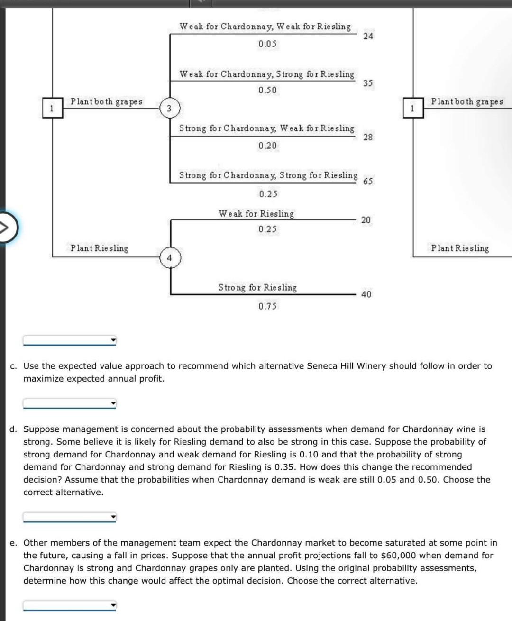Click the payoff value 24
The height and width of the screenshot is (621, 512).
(368, 36)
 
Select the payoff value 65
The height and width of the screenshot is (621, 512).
(368, 182)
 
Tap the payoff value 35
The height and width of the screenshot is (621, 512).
(368, 83)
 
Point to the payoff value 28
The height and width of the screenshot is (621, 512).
(368, 137)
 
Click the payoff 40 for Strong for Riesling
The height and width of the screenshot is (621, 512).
(366, 294)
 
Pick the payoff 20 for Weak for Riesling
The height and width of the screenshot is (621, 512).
(366, 220)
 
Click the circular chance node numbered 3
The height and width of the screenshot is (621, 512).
(169, 108)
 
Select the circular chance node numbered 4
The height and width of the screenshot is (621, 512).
(170, 258)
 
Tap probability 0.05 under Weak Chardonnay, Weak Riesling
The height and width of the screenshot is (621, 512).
(267, 44)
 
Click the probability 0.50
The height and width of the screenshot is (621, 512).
(267, 90)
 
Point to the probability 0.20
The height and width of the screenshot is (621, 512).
(267, 146)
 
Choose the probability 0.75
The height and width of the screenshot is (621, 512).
(267, 306)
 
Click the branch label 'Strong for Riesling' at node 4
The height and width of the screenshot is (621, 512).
(257, 287)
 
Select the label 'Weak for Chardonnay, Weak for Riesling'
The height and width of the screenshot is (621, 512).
(265, 27)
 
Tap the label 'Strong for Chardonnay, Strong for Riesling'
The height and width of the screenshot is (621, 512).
(268, 175)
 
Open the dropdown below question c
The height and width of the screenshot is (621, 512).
(70, 404)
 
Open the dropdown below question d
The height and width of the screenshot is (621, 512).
(70, 517)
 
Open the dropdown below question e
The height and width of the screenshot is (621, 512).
(70, 605)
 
